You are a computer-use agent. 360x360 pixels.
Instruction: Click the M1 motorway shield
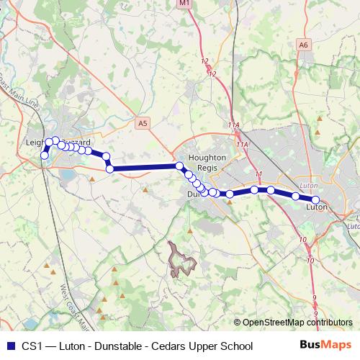(x=184, y=4)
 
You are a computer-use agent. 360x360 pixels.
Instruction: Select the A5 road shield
(x=143, y=124)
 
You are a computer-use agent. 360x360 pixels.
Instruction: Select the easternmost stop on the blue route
(x=315, y=200)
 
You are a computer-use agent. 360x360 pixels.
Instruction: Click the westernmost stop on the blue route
(x=44, y=156)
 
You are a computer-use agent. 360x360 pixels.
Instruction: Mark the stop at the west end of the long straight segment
(x=110, y=168)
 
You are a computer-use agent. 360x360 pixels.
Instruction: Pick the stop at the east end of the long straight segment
(x=179, y=166)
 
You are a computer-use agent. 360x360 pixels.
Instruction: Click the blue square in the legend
(x=10, y=346)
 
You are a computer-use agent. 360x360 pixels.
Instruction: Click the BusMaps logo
(x=325, y=346)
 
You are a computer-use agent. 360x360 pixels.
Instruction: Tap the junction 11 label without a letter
(x=258, y=174)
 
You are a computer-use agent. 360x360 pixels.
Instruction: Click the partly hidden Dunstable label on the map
(x=192, y=194)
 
